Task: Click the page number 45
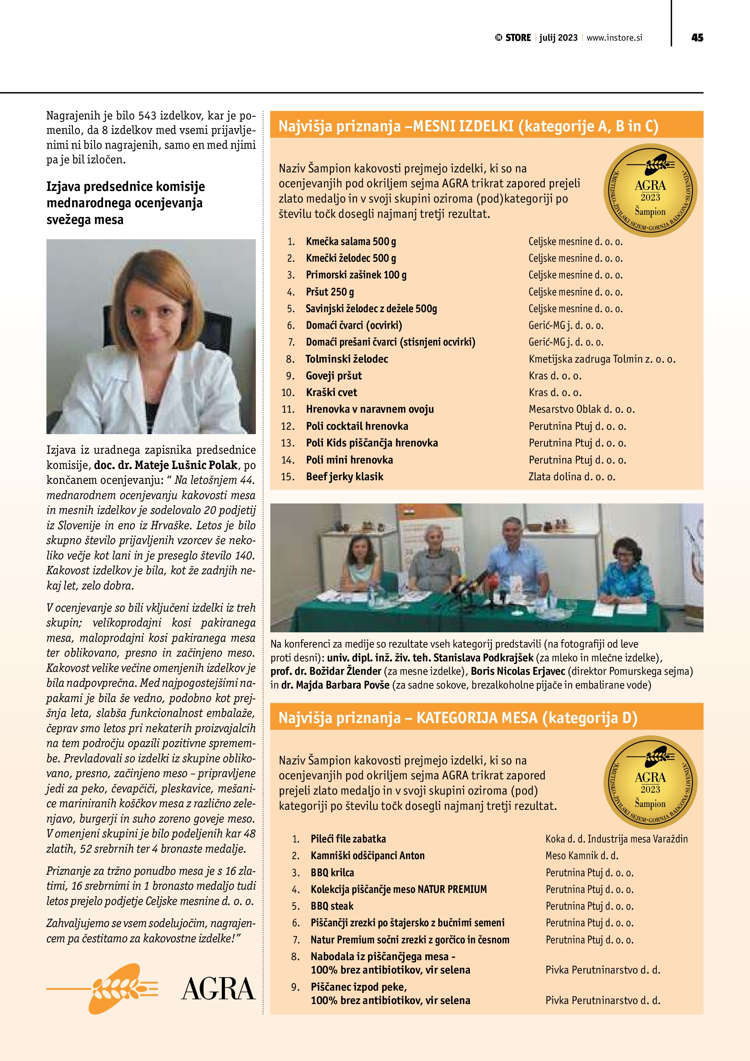click(x=697, y=38)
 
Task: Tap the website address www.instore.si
click(x=614, y=38)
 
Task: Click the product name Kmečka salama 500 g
click(x=351, y=241)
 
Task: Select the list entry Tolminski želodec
click(x=347, y=359)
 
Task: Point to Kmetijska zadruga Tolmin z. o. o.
click(x=602, y=359)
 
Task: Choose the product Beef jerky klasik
click(x=344, y=477)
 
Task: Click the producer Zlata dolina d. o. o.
click(x=572, y=477)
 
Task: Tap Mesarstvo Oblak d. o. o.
click(x=581, y=409)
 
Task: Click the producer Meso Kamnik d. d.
click(x=581, y=855)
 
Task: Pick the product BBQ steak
click(x=332, y=906)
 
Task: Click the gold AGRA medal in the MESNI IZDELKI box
click(x=650, y=191)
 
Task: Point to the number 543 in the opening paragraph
click(x=147, y=115)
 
